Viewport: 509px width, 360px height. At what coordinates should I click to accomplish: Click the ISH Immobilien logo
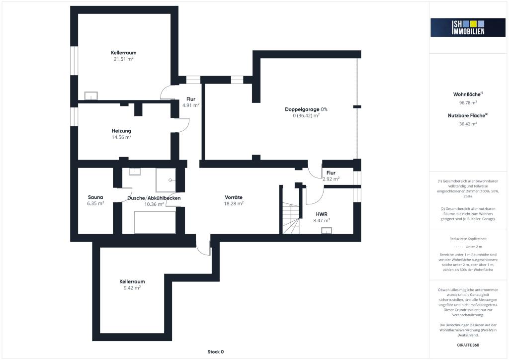point(468,27)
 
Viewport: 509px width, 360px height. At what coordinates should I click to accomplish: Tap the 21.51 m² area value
point(123,59)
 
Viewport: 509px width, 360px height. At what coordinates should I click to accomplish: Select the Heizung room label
point(121,131)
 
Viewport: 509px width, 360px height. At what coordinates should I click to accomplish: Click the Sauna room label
point(95,197)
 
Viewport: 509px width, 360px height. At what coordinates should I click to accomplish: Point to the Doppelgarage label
point(302,109)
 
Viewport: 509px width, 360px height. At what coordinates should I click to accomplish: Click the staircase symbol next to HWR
point(290,218)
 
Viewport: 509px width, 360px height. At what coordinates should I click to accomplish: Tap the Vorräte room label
point(234,197)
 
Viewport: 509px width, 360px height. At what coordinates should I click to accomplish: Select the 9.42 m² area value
point(132,288)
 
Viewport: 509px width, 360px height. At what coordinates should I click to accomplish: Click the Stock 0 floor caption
point(216,352)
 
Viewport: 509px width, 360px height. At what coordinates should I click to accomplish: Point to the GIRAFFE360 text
point(468,345)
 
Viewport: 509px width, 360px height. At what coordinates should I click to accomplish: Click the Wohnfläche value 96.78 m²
point(468,102)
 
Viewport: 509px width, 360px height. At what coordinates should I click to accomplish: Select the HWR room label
point(322,214)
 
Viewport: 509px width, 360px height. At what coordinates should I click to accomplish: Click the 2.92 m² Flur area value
point(331,179)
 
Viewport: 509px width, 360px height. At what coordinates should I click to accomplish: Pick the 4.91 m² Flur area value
point(191,105)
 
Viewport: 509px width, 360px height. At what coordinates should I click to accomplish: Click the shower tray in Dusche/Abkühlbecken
point(166,180)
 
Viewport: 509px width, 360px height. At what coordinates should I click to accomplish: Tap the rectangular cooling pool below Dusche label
point(155,222)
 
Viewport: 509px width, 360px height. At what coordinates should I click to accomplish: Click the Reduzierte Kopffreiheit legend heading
point(468,239)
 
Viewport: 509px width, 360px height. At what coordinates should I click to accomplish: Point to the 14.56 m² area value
point(121,137)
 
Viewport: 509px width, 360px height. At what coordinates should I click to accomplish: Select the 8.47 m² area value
point(322,221)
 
